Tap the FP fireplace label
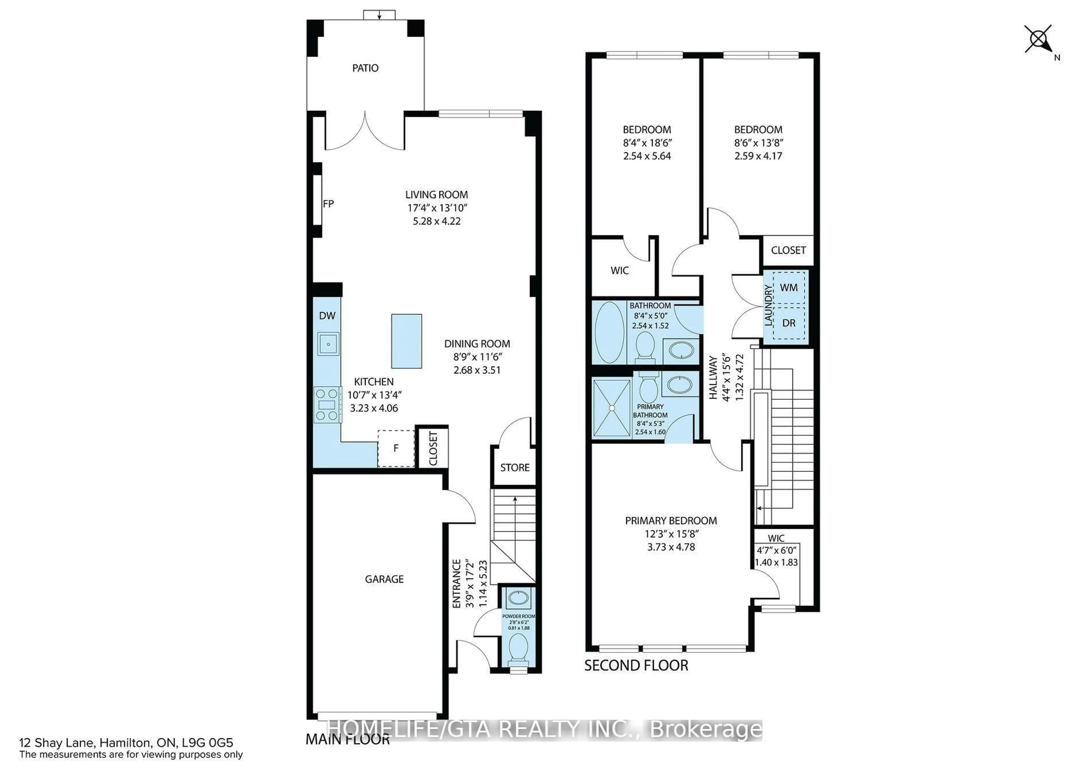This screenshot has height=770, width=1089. pos(328,204)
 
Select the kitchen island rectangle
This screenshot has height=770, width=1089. pos(406,341)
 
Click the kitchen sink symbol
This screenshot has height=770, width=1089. pos(328,344)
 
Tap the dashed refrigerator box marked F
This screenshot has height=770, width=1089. pos(396,448)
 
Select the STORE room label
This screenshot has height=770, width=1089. pos(515,467)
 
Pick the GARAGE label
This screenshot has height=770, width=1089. pos(384,579)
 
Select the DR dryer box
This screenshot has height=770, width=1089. pos(789,323)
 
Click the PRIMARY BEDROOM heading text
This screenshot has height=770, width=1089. pos(671,521)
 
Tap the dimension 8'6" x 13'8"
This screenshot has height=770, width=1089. pos(758,143)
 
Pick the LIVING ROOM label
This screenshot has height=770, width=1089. pos(436,194)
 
